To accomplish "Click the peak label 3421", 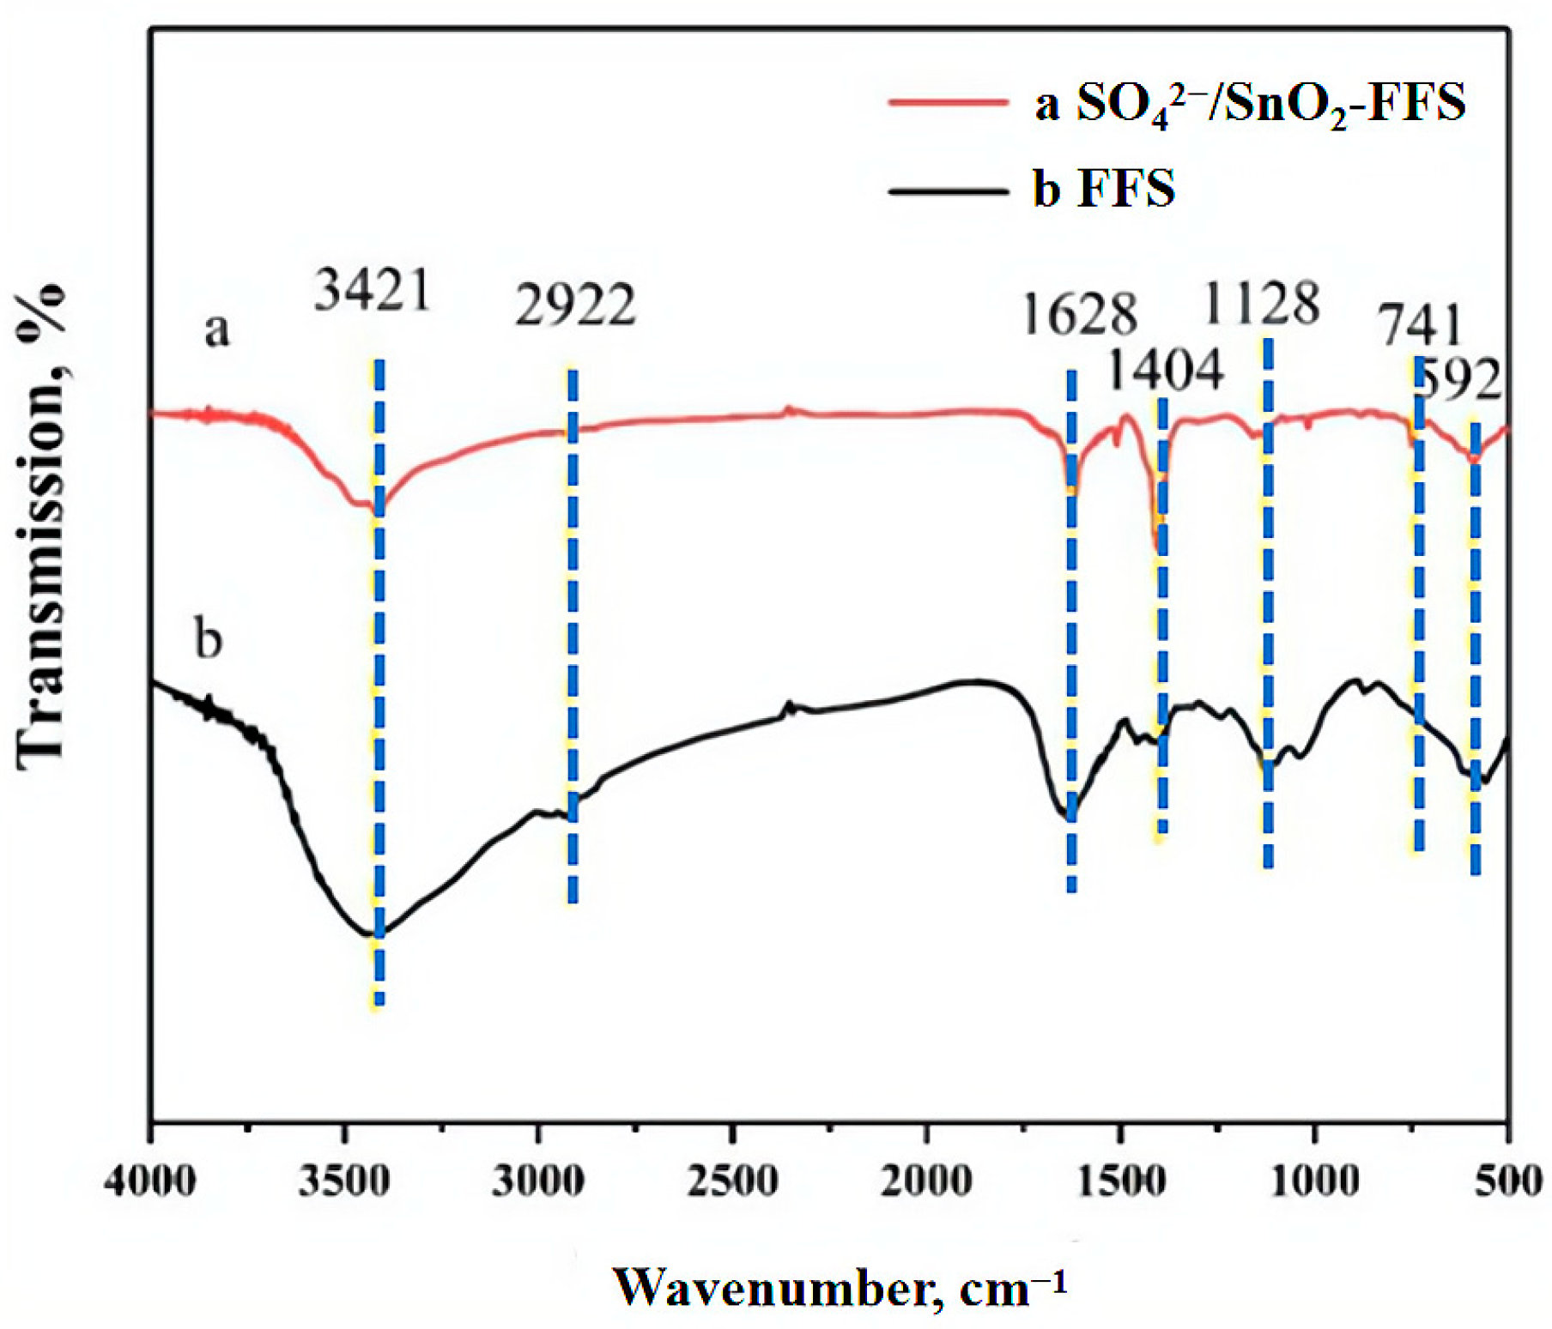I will pos(372,291).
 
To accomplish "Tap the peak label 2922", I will pos(575,305).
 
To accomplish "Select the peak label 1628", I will pos(1078,314).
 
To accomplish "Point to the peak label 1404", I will pos(1164,371).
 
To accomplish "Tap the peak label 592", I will pos(1459,379).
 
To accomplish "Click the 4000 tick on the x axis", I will pos(150,1181).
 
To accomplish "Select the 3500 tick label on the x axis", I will pos(344,1181).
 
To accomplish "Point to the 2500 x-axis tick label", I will pos(732,1181).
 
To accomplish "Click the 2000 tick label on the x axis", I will pos(926,1181).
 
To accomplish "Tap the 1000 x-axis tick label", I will pos(1313,1181).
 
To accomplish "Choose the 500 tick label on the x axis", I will pos(1508,1181).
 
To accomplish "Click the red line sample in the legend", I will pos(948,102).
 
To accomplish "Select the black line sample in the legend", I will pos(948,190).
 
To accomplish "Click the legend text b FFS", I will pos(1104,189).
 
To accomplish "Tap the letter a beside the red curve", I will pos(217,329).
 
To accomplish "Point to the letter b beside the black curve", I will pos(209,638).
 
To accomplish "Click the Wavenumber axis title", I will pos(840,1288).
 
